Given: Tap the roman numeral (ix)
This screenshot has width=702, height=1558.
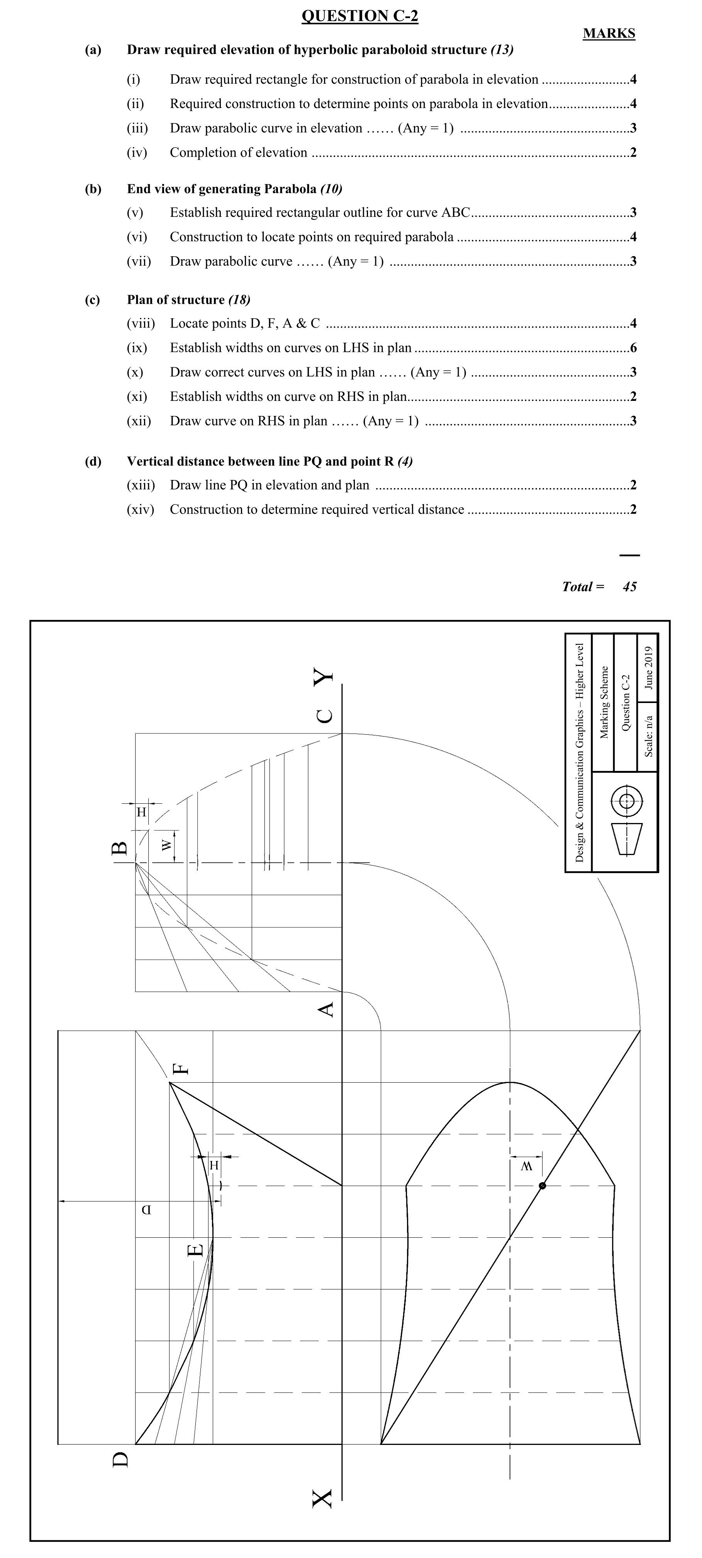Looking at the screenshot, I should pos(137,348).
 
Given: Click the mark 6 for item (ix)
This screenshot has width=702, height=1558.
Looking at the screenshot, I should pos(633,348).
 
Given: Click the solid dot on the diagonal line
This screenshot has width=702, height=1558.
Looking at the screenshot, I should pos(542,1185).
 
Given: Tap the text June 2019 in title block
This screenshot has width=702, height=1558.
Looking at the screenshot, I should pos(648,668).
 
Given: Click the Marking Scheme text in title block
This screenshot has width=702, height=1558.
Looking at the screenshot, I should pos(604,701).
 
